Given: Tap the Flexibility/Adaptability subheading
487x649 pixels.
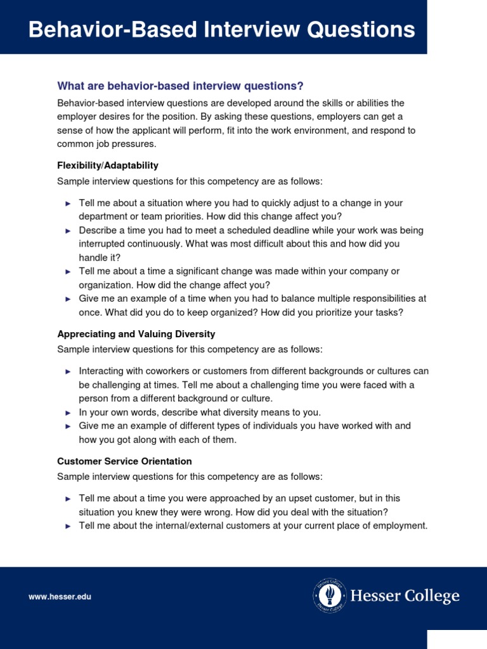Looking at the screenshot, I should pos(108,165).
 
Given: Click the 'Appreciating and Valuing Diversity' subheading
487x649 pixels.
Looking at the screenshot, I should pos(136,334).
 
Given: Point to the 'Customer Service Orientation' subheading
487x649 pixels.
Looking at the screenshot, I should pos(124,461).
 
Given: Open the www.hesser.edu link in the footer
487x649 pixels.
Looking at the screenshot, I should pos(60,597).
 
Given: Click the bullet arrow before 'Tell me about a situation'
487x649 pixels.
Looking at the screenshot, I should pos(68,203).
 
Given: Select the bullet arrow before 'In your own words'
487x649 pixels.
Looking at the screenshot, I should pos(68,413).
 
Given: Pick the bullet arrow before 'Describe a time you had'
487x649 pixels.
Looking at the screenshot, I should pos(68,231).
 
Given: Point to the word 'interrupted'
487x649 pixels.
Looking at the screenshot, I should pos(103,244).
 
